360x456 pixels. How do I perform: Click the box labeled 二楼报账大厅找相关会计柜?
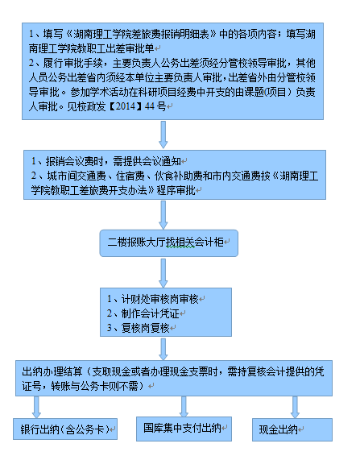(x=168, y=243)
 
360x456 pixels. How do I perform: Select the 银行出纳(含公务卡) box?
(x=65, y=429)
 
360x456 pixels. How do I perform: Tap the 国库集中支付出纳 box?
(x=184, y=429)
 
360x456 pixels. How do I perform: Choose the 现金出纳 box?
(x=292, y=429)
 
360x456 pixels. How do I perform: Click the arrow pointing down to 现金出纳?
(x=295, y=407)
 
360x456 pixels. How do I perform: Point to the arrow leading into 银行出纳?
(x=36, y=407)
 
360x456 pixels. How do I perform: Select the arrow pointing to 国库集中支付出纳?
(x=184, y=406)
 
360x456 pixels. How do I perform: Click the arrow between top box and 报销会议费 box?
(x=163, y=135)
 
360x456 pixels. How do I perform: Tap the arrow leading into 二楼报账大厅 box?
(x=163, y=214)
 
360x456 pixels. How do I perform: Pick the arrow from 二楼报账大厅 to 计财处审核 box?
(x=163, y=273)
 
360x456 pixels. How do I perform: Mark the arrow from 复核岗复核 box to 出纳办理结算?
(x=163, y=349)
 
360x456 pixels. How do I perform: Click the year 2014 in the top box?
(x=126, y=106)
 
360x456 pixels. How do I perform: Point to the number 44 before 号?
(x=149, y=106)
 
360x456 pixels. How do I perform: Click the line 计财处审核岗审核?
(x=153, y=299)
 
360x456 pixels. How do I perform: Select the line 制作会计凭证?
(x=143, y=313)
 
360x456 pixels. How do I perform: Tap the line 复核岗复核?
(x=139, y=328)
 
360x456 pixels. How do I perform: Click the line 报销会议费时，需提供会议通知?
(x=106, y=161)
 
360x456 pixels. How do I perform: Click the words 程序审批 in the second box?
(x=176, y=190)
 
